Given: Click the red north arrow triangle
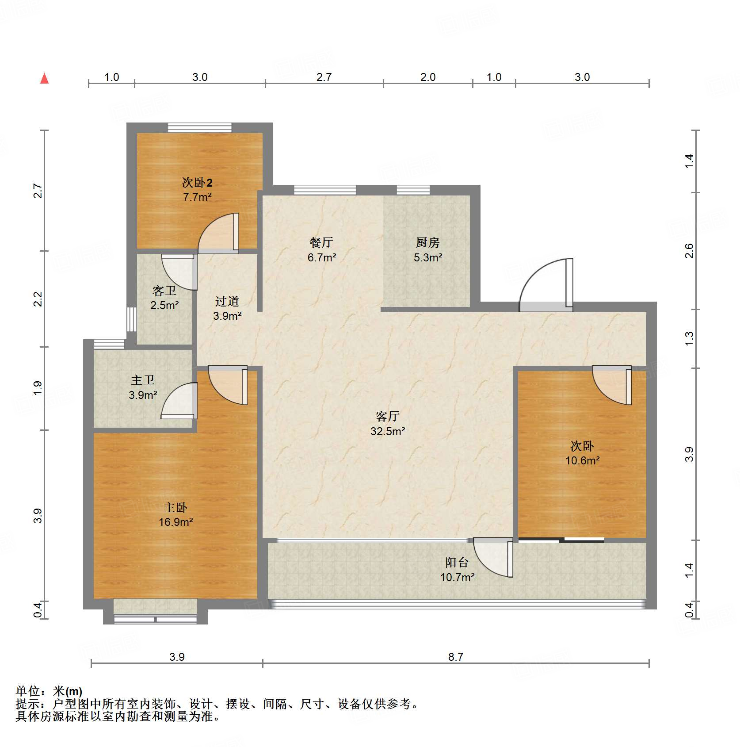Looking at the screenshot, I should [x=44, y=79].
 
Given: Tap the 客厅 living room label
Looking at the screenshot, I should [x=387, y=416].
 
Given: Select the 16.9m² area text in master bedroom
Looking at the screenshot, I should [x=175, y=522].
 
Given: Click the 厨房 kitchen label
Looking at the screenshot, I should [x=427, y=242].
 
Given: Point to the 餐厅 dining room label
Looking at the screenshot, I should [x=321, y=242].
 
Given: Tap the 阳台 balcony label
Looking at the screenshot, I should [x=457, y=562].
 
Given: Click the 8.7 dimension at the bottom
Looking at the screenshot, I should [x=455, y=657].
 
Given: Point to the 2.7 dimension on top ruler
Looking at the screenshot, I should [x=324, y=77].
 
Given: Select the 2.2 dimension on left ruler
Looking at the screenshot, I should [x=38, y=299].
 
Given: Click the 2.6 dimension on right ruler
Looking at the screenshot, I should [x=689, y=251].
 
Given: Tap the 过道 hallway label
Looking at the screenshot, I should [x=227, y=301].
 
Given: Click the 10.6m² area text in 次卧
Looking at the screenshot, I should [x=582, y=460].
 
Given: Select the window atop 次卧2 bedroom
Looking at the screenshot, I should [x=199, y=128].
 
